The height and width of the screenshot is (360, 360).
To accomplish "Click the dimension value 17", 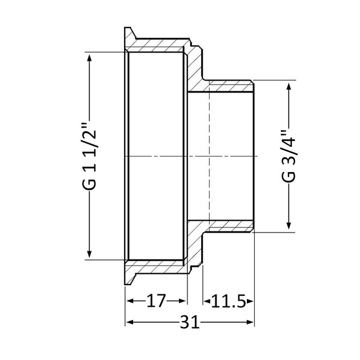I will (x=155, y=301).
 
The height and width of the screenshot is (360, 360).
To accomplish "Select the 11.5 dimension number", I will (x=228, y=301).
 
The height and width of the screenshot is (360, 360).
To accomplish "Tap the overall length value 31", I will (x=189, y=323).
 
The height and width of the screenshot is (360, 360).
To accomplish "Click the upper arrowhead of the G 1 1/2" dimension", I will (x=89, y=57).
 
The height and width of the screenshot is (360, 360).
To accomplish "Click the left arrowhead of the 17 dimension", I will (x=130, y=301).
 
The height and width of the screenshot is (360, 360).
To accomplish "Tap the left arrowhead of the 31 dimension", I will (x=130, y=323).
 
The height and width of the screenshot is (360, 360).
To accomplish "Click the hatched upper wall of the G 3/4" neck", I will (x=229, y=86).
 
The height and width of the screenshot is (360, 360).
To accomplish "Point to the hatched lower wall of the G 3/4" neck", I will (x=229, y=226).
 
